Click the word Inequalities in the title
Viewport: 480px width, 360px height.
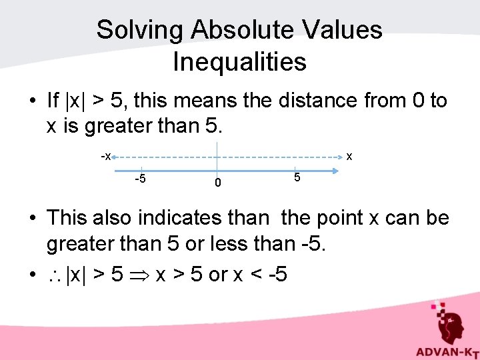[239, 62]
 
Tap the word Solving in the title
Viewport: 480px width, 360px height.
[139, 30]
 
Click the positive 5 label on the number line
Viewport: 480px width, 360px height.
[297, 178]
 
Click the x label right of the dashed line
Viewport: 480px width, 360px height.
[349, 157]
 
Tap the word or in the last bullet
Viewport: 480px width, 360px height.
[217, 275]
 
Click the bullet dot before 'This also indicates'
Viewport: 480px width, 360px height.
[32, 219]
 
